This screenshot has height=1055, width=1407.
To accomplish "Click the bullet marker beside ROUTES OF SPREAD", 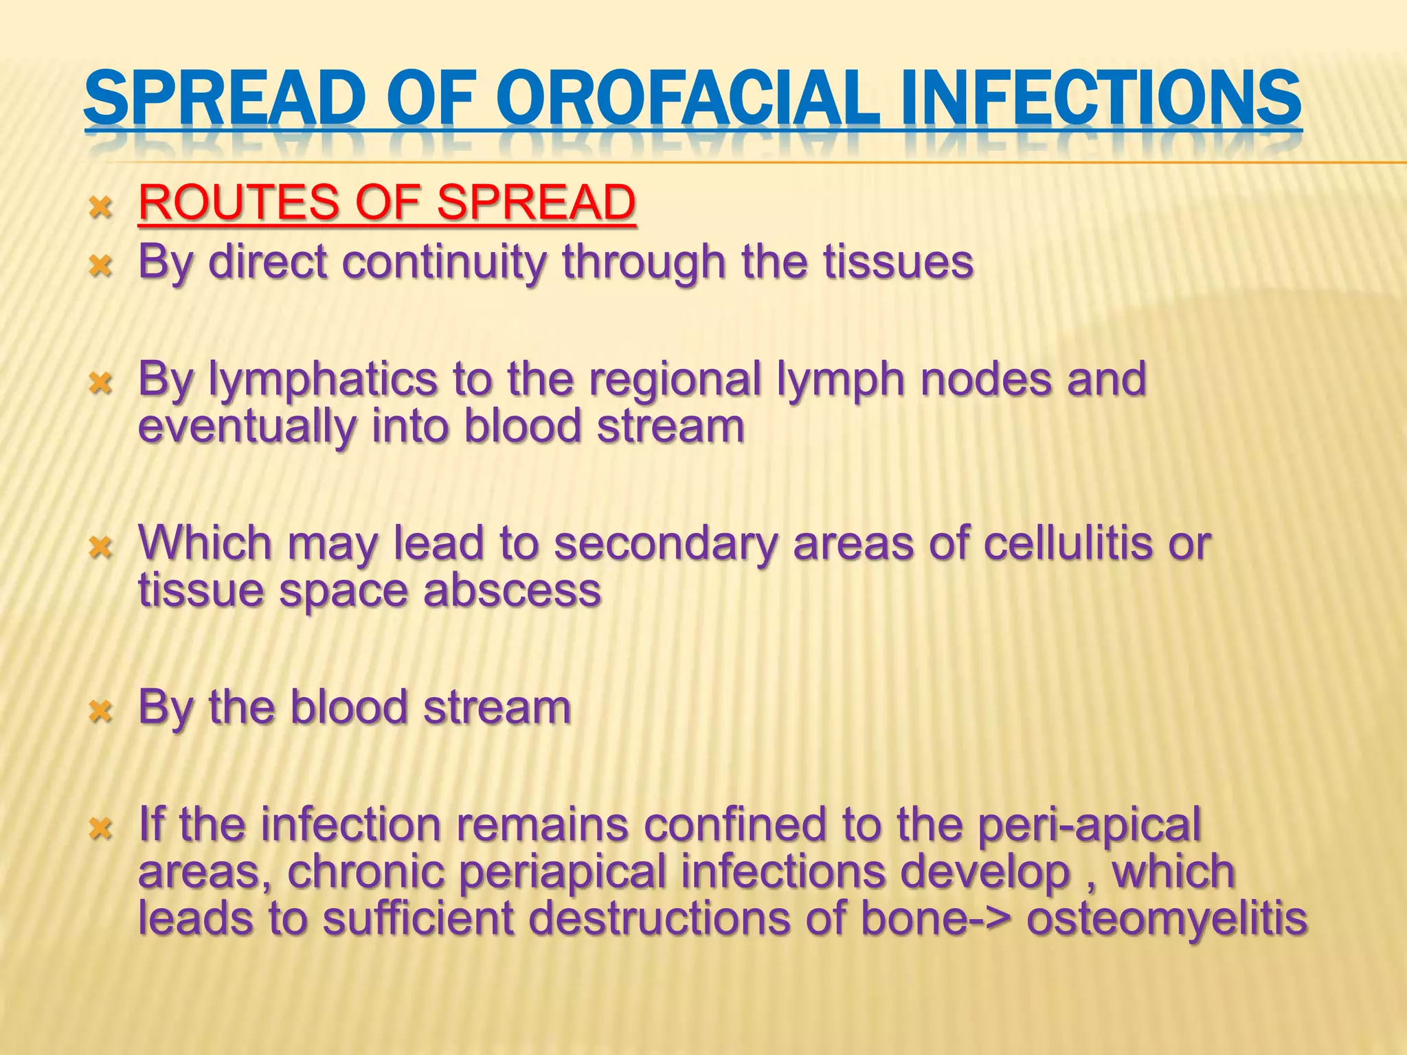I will point(100,206).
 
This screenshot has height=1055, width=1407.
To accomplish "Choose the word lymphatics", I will point(323,379).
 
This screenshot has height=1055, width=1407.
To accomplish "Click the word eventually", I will point(247,427).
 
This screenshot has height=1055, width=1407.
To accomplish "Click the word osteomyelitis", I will point(1166,918).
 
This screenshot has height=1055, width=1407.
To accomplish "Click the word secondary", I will point(666,543).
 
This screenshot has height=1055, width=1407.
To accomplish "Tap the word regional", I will point(675,379).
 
